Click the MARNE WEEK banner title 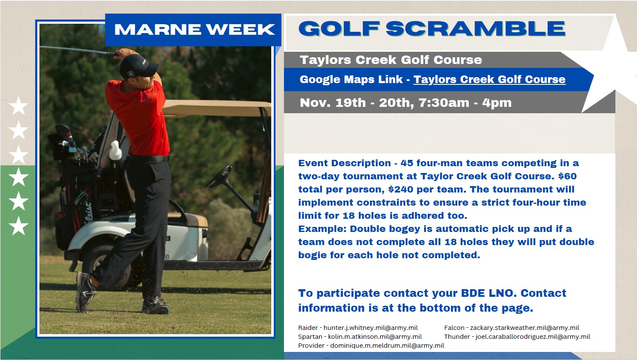pos(195,29)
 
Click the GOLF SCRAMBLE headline pos(432,28)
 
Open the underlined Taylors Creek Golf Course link pos(490,79)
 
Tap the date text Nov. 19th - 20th pos(356,103)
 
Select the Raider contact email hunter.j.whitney pos(370,328)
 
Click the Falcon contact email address pos(524,328)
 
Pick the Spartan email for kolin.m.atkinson pos(375,337)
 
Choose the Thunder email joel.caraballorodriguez pos(533,337)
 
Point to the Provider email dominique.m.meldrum pos(387,346)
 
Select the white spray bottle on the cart pos(115,151)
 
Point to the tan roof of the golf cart pos(216,108)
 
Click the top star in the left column pos(19,106)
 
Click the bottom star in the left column pos(19,226)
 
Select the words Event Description pos(345,163)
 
